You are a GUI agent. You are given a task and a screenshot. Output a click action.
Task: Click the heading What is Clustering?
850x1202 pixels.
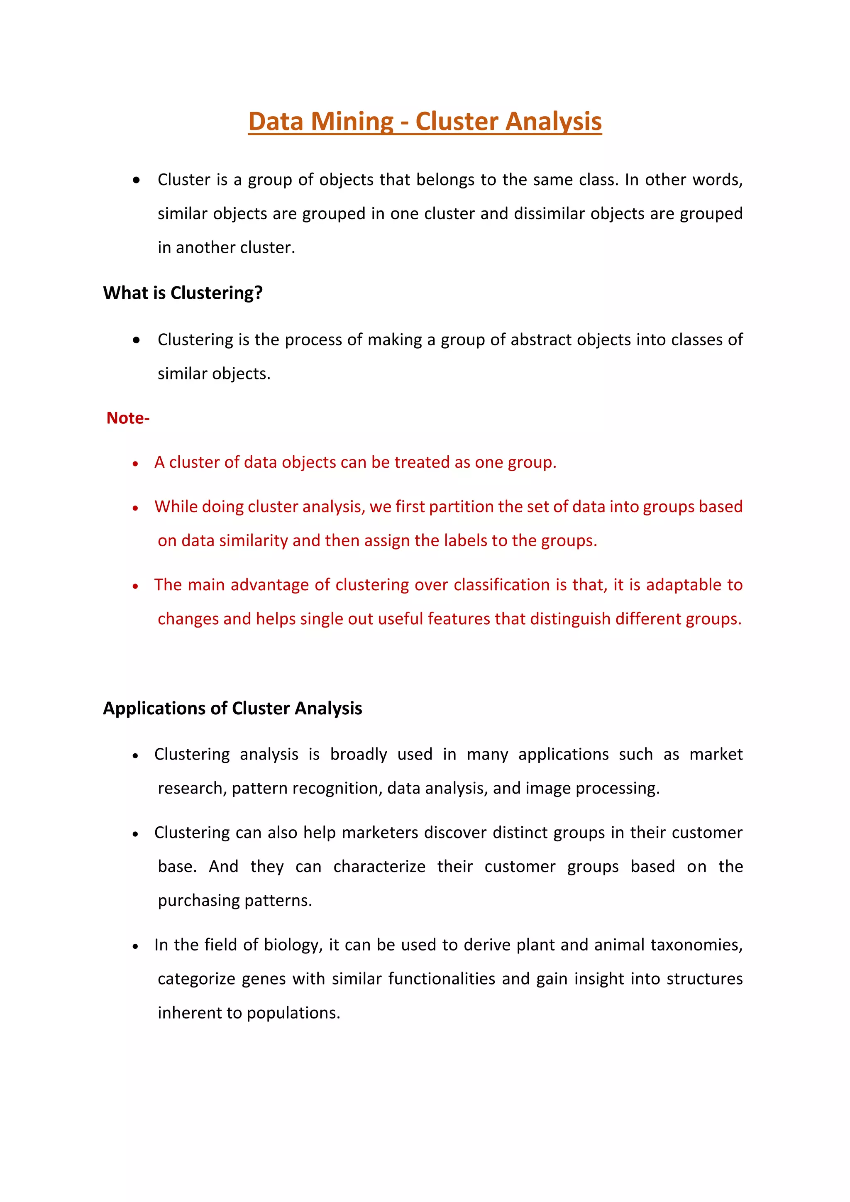183,293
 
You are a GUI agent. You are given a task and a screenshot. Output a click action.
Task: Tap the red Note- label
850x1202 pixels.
128,418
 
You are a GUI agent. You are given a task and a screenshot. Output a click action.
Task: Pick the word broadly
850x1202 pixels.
359,755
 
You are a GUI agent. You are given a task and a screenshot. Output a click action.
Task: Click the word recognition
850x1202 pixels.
339,789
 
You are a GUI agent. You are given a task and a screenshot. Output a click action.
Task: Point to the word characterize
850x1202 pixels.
379,866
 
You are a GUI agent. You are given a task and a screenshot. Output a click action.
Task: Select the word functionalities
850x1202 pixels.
441,979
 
